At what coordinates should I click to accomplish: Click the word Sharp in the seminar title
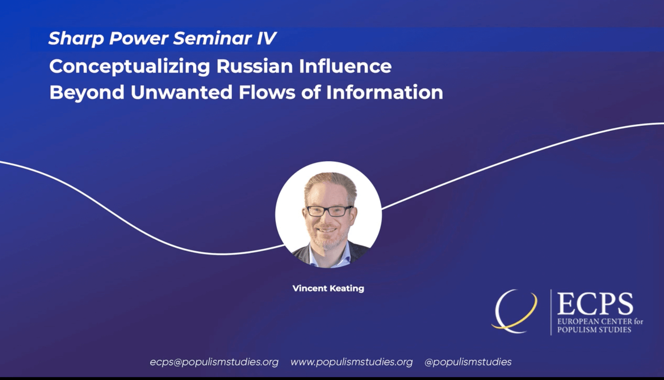point(76,39)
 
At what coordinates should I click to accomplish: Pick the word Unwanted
point(181,92)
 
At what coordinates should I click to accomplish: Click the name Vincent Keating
point(328,288)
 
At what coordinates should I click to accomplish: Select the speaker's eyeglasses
point(329,211)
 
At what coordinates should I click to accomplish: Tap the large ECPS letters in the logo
point(595,304)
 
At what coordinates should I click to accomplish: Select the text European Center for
point(600,321)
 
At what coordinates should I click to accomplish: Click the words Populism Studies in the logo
point(594,330)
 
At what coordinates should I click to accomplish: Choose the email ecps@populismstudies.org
point(214,362)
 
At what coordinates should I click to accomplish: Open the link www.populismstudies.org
point(352,362)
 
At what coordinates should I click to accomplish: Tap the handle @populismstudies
point(468,362)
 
